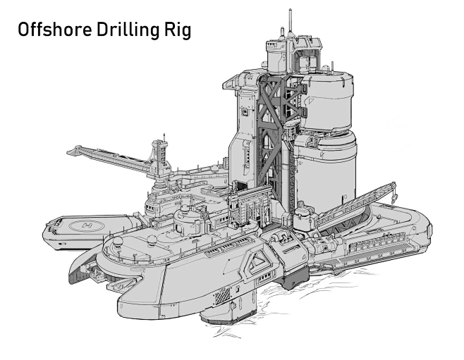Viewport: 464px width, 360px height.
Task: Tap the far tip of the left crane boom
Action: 71,150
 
